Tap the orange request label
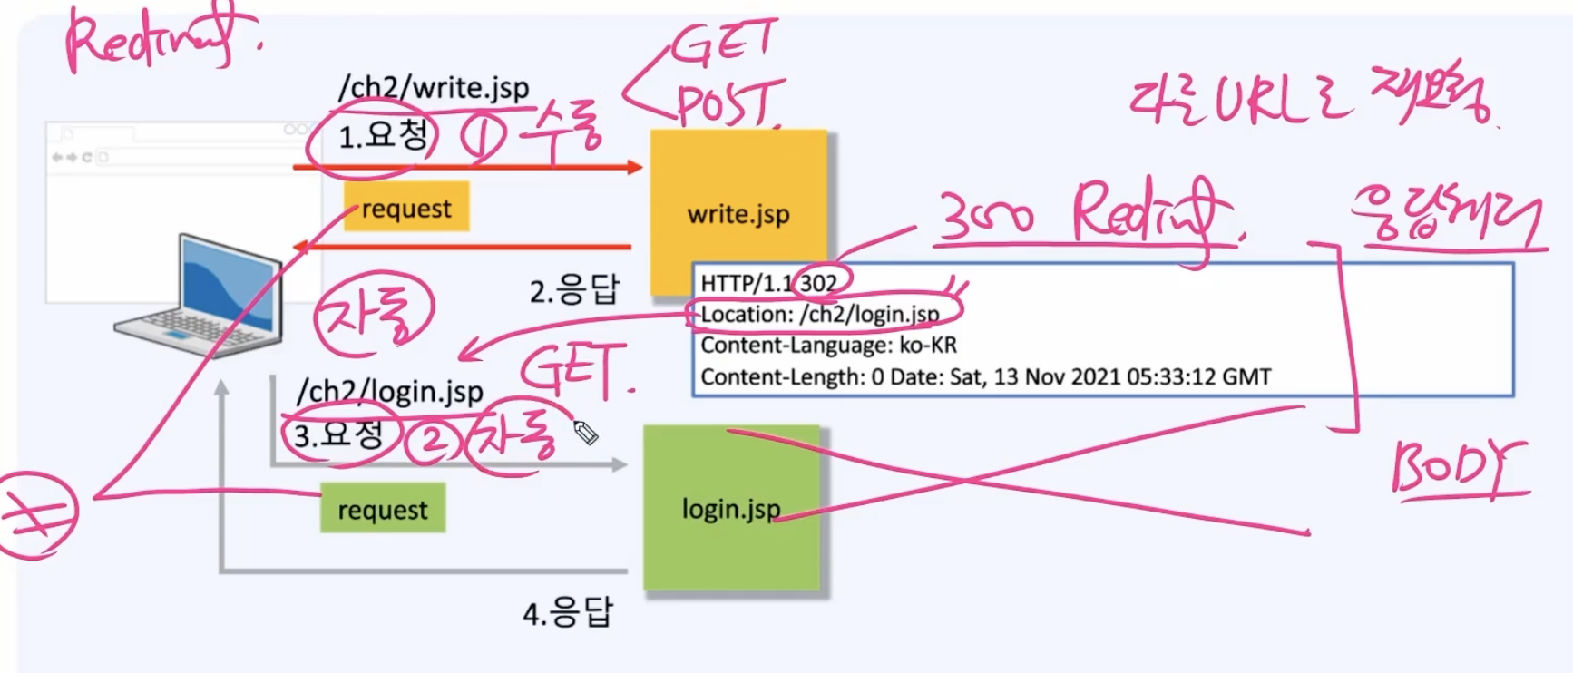[405, 208]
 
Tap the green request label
[382, 510]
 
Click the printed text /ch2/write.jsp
[433, 88]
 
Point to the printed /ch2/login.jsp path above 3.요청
[390, 391]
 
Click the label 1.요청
[382, 137]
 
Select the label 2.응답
[573, 291]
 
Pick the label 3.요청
[338, 434]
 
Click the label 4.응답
[567, 613]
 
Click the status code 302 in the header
[818, 283]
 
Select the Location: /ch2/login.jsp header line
[820, 314]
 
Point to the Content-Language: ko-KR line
[828, 346]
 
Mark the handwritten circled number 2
[432, 441]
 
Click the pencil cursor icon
[585, 433]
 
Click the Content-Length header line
[985, 376]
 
